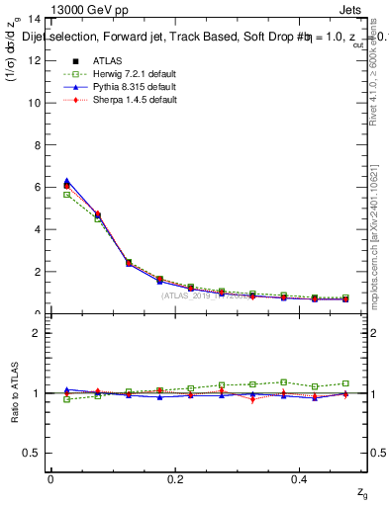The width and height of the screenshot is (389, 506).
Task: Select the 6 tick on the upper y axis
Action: (x=38, y=188)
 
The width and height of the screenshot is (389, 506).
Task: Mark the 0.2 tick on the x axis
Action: (x=175, y=478)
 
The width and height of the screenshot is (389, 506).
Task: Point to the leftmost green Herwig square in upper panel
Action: (x=66, y=195)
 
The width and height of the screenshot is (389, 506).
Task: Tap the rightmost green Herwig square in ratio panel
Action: (x=345, y=383)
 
